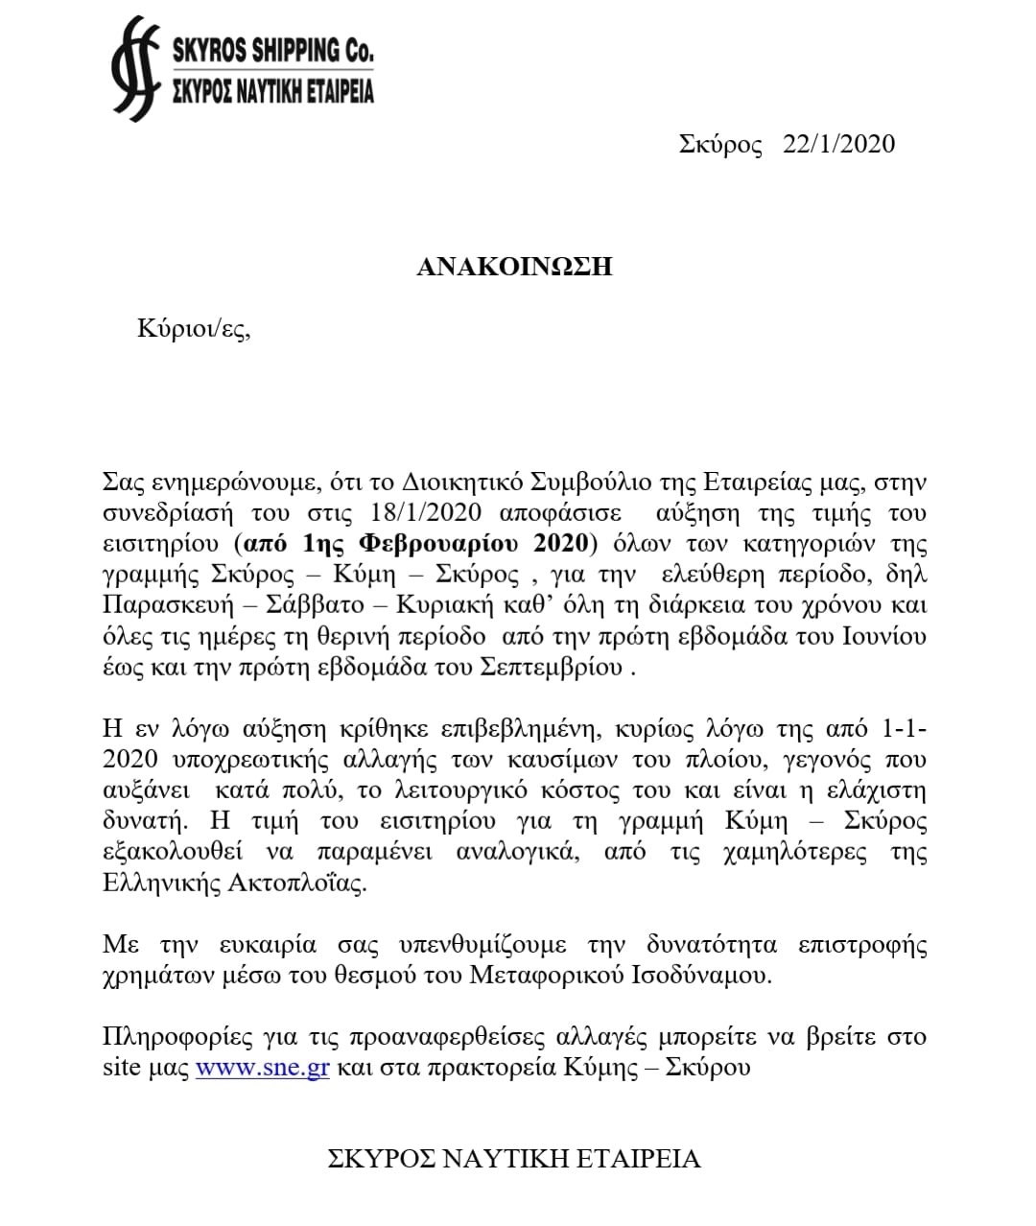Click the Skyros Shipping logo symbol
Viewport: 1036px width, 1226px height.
(x=134, y=68)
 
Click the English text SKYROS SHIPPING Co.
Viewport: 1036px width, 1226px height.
(x=271, y=50)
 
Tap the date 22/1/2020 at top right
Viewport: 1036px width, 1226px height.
(x=838, y=144)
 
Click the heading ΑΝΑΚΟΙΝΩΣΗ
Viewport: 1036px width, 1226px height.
(x=514, y=267)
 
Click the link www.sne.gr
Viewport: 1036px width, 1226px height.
(x=263, y=1068)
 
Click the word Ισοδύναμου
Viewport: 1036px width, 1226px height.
(x=693, y=976)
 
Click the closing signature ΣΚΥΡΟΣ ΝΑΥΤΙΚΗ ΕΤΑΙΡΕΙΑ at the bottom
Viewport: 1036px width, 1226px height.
(x=514, y=1159)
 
